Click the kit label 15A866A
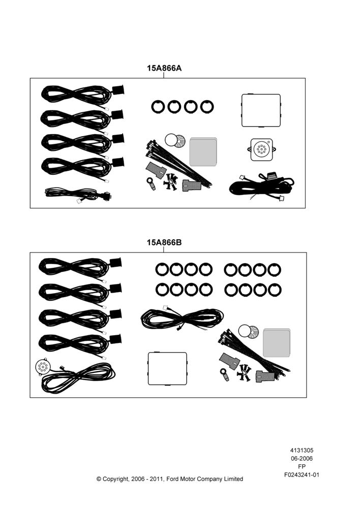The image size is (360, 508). (x=164, y=68)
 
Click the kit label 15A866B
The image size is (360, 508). (x=164, y=242)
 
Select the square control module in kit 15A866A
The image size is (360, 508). (x=261, y=110)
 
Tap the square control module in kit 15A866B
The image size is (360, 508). (x=168, y=369)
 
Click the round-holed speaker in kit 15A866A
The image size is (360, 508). (x=262, y=150)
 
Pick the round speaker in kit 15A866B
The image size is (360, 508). (x=42, y=367)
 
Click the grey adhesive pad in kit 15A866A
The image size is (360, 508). (x=203, y=151)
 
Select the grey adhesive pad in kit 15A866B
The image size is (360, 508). (x=277, y=343)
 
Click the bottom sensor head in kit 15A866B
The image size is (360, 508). (x=115, y=339)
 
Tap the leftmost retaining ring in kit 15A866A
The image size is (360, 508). (x=158, y=107)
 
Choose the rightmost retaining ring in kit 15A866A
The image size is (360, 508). (x=207, y=107)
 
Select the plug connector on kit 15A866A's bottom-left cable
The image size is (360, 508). (x=105, y=196)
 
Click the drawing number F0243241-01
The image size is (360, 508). (x=302, y=474)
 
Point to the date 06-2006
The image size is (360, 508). (x=302, y=458)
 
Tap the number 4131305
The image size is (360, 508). (x=302, y=450)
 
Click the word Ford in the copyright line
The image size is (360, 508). (x=172, y=479)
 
